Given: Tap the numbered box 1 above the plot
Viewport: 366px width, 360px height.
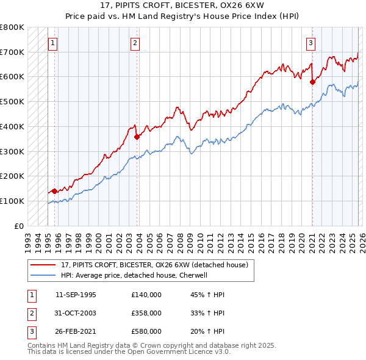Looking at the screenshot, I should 54,43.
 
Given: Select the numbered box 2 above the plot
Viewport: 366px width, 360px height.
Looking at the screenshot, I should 135,43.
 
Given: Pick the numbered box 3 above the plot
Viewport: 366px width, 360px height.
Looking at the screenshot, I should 310,43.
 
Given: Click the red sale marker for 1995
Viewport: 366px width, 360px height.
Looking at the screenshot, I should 54,191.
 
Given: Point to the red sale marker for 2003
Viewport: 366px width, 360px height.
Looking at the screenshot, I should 137,137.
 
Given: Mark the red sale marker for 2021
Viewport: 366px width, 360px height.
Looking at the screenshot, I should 312,81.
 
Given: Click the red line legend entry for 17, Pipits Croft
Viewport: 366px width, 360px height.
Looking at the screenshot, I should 154,265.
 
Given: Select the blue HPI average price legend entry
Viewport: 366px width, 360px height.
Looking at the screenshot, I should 134,275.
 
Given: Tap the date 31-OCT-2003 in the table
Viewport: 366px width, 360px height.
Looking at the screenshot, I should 76,313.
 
